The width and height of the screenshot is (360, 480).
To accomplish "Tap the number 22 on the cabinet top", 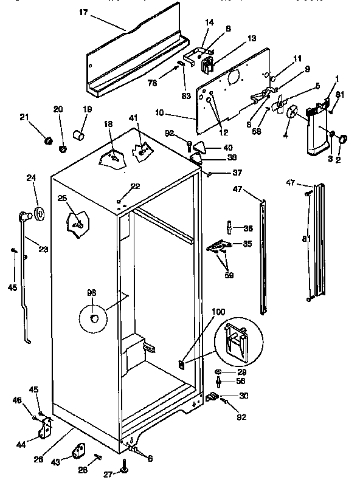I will coord(135,186).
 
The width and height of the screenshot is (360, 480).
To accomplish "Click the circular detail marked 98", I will coord(92,318).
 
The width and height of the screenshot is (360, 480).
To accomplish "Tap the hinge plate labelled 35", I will coord(219,246).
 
